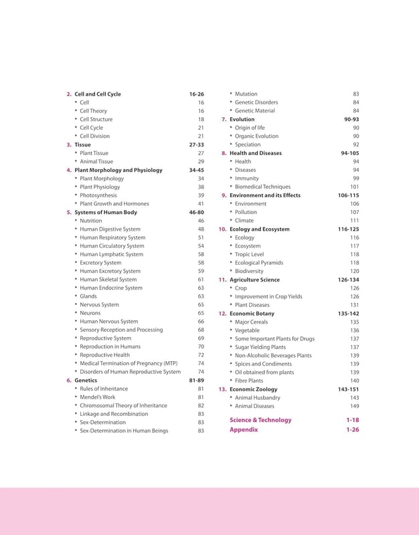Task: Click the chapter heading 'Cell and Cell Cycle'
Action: tap(98, 94)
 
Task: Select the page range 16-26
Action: tap(197, 94)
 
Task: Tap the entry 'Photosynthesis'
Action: tap(98, 195)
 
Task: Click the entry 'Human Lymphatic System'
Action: tap(111, 254)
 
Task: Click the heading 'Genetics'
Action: tap(86, 380)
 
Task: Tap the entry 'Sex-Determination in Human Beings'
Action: tap(124, 431)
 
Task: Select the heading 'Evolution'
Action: tap(242, 119)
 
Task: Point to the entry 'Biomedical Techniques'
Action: tap(262, 187)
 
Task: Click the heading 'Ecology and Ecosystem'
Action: tap(260, 229)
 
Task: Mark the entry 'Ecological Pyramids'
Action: tap(259, 263)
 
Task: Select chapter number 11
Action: tap(223, 280)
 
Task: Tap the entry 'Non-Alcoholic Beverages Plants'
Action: tap(273, 356)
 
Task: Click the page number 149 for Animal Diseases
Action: tap(355, 406)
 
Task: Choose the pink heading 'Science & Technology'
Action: tap(260, 420)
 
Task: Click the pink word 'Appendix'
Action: tap(244, 430)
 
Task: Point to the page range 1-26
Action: tap(353, 430)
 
